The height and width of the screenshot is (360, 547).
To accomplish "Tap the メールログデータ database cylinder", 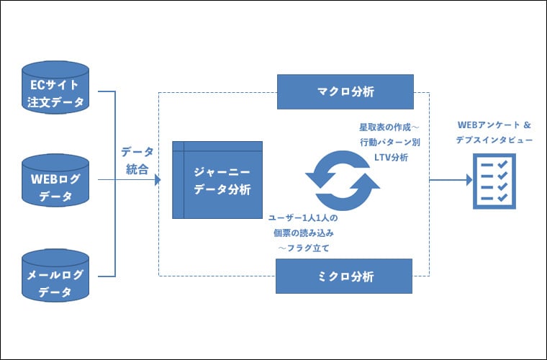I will pos(55,276).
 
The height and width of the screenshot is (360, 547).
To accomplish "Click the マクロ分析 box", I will pos(345,91).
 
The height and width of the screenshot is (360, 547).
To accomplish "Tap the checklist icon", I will pos(494,181).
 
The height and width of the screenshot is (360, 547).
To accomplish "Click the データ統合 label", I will pos(137,159).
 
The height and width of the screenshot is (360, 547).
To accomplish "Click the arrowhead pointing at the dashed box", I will pos(156,180).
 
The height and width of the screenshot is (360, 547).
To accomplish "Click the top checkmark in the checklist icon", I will pos(503,165).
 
